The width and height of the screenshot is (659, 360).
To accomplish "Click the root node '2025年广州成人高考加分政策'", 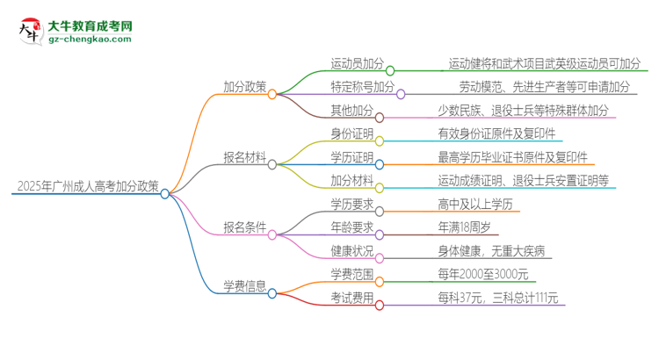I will pyautogui.click(x=88, y=186).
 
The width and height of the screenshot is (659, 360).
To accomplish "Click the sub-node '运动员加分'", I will pyautogui.click(x=357, y=65).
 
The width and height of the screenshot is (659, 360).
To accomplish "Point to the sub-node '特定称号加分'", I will pyautogui.click(x=362, y=88).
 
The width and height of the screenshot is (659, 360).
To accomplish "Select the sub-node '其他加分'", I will pyautogui.click(x=351, y=112).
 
